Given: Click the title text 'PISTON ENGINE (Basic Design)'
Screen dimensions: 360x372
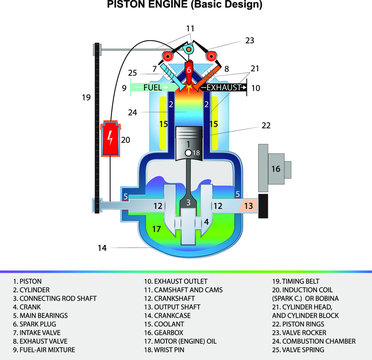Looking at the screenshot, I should [185, 6].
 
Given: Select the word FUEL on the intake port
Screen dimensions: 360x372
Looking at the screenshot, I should [152, 89].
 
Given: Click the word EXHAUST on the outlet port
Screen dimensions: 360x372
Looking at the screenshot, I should [225, 89].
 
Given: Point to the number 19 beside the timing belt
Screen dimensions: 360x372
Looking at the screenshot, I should [86, 97].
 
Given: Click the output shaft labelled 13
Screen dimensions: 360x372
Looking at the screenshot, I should [249, 204].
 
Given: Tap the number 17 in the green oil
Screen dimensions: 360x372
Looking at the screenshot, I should [155, 228].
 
